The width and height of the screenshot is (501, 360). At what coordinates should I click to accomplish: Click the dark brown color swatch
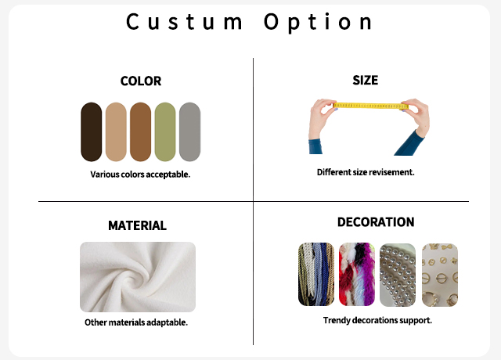(x=92, y=132)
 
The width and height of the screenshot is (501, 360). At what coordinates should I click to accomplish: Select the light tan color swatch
(x=116, y=132)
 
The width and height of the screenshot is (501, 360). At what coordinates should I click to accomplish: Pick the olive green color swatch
(x=165, y=132)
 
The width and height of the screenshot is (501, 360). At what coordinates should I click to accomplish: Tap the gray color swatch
(x=189, y=132)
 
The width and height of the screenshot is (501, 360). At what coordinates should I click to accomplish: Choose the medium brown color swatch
(x=141, y=132)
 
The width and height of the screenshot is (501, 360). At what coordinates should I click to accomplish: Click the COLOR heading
(x=141, y=81)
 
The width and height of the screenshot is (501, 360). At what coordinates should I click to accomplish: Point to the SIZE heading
(x=366, y=80)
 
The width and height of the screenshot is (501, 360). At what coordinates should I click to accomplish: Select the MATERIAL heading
(x=138, y=225)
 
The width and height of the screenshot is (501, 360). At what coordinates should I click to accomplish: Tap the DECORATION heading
(x=376, y=222)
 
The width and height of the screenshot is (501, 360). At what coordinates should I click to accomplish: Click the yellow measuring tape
(x=370, y=106)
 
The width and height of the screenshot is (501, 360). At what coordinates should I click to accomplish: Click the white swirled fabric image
(x=138, y=277)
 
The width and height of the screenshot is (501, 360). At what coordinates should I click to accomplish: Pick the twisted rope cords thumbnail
(x=316, y=275)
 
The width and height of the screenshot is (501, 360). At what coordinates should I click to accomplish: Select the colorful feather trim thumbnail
(x=357, y=275)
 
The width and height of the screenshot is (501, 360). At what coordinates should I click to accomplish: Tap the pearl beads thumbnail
(x=398, y=275)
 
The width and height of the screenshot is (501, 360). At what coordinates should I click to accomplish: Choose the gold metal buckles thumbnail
(x=440, y=275)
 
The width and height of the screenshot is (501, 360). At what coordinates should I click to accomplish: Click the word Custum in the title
(x=185, y=22)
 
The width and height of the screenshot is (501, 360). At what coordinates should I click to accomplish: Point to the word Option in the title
(x=319, y=23)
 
